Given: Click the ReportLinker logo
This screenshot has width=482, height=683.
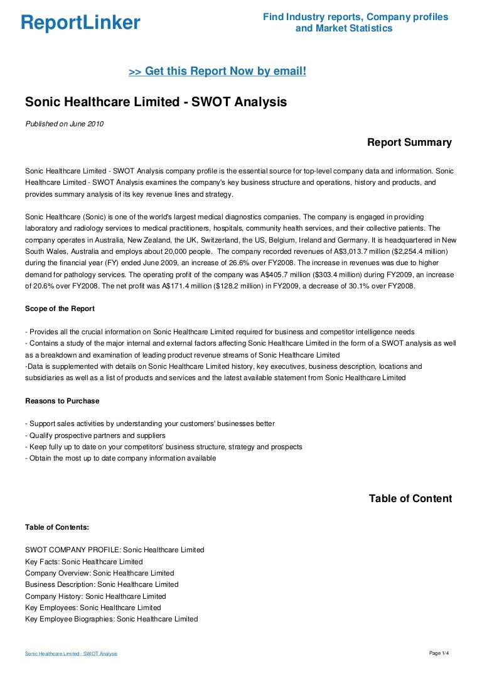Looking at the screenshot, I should click(x=80, y=23).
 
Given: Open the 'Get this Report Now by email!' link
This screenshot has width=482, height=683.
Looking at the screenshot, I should click(x=217, y=72).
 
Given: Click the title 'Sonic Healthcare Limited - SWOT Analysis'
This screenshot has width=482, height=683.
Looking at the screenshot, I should click(x=156, y=102).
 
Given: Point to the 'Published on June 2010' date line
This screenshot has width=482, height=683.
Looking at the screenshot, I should click(x=64, y=124).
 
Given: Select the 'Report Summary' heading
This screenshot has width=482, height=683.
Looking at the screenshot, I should click(x=409, y=143).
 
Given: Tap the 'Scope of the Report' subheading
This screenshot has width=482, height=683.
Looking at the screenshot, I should click(x=60, y=309).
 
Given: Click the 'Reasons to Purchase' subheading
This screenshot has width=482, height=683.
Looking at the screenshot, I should click(x=62, y=401).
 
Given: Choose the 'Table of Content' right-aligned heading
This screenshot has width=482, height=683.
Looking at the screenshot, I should click(x=410, y=499).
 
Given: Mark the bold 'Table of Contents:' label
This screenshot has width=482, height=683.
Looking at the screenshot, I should click(x=57, y=527).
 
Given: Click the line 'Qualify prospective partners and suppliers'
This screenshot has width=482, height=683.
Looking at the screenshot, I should click(x=95, y=435).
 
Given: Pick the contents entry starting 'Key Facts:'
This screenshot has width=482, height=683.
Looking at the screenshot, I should click(x=83, y=562).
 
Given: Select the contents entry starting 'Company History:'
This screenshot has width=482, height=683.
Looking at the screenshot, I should click(x=95, y=596).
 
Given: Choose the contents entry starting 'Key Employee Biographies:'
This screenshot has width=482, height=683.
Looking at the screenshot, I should click(x=111, y=619).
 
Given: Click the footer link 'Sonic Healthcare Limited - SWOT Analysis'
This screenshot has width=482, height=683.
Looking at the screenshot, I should click(x=71, y=654).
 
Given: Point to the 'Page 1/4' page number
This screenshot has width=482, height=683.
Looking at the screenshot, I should click(x=439, y=653).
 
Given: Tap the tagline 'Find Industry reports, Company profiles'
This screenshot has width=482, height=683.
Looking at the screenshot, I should click(x=355, y=17).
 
